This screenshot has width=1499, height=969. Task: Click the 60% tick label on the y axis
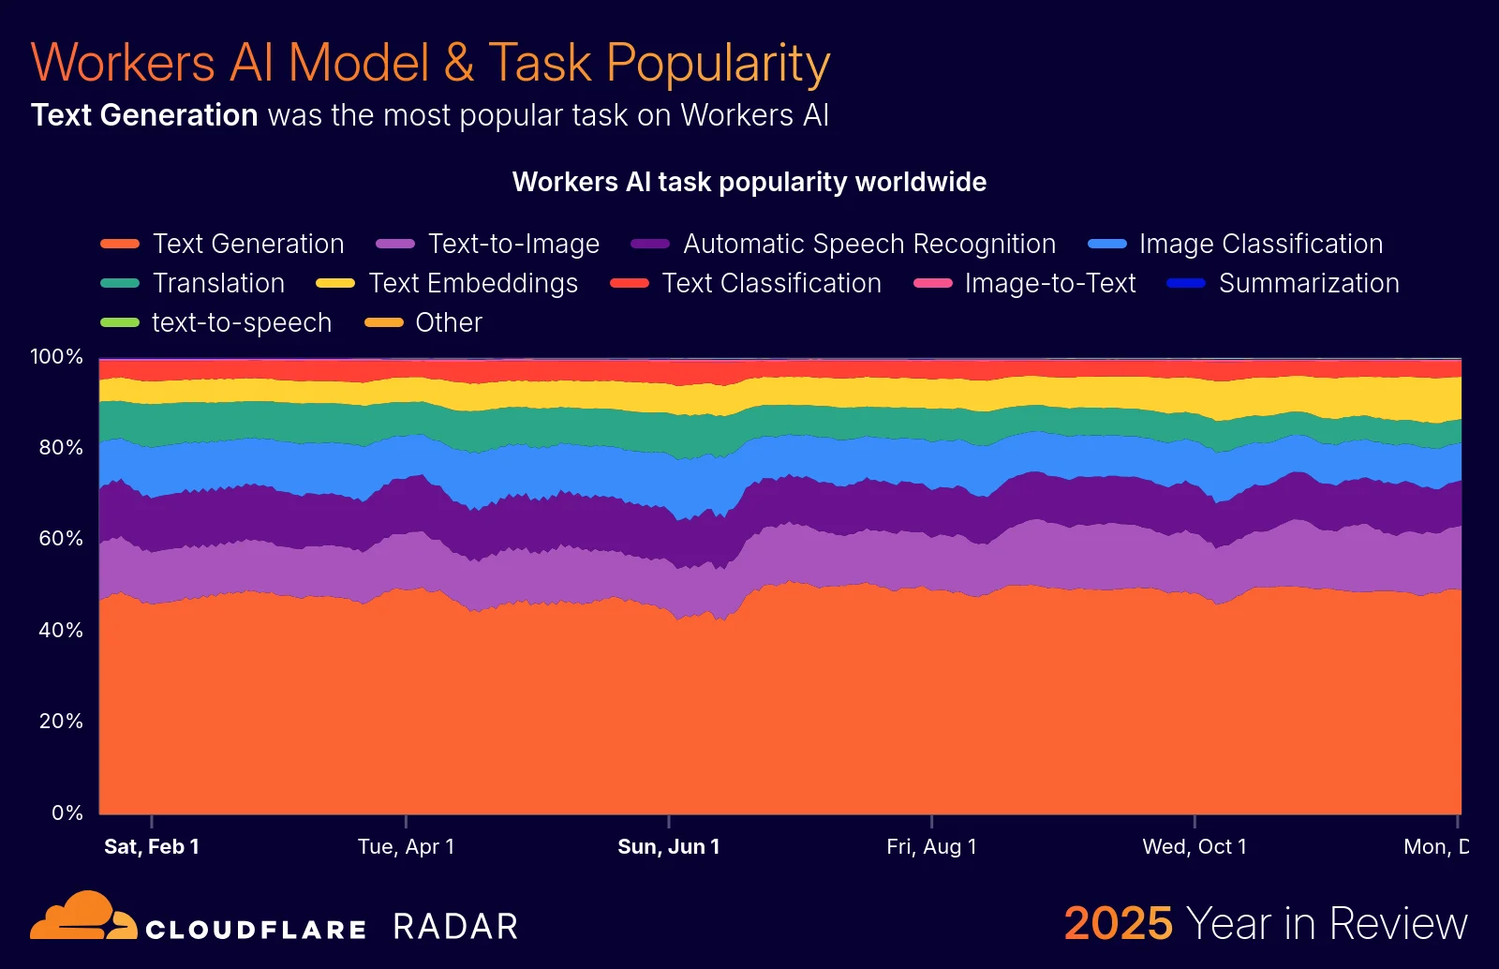click(61, 539)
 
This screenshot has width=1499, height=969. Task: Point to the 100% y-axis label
click(57, 357)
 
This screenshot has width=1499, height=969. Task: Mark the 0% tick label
click(67, 812)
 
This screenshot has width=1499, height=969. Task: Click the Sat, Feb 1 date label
click(152, 847)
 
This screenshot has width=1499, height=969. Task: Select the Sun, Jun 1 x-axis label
click(669, 847)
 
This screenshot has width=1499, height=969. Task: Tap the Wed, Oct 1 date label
click(1195, 847)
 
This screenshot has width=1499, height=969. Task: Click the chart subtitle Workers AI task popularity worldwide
click(749, 182)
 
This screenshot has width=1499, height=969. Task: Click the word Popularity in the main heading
click(718, 64)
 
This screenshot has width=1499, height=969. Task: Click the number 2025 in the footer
click(1119, 924)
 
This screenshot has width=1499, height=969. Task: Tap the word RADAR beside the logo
click(455, 927)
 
